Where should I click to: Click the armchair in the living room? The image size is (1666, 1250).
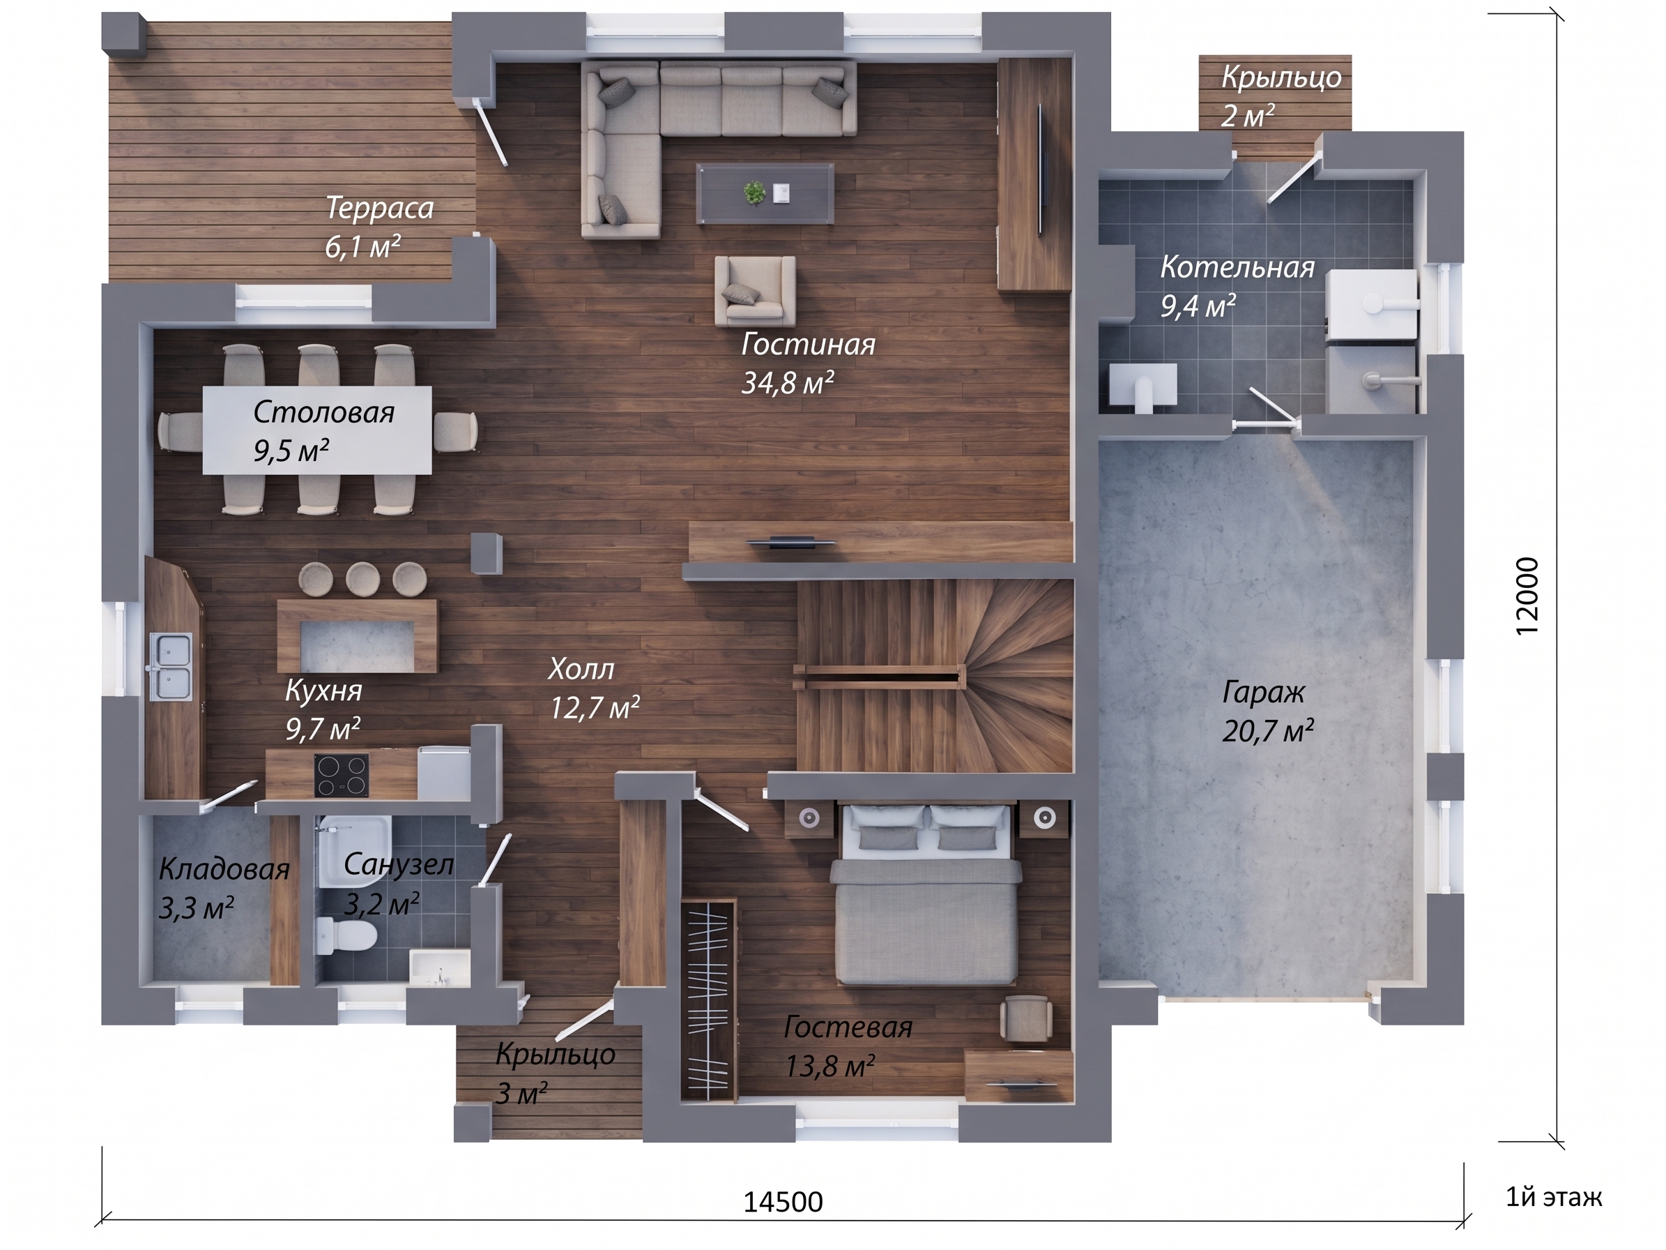(756, 291)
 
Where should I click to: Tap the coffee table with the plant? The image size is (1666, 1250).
(765, 194)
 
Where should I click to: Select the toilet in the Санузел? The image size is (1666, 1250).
(346, 937)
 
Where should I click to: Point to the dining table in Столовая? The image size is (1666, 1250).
(317, 430)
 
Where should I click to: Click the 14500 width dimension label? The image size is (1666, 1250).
(784, 1202)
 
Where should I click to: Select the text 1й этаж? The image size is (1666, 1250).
(1554, 1196)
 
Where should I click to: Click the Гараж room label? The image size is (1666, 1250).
(1263, 693)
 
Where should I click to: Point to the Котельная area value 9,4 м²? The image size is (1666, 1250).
(1198, 307)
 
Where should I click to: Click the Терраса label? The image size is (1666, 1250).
(380, 209)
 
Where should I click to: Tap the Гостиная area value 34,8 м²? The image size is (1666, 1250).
(787, 383)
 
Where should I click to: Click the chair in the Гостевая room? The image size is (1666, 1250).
(1026, 1018)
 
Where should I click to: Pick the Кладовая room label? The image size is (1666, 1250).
(224, 871)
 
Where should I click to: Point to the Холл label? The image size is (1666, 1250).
(581, 669)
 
